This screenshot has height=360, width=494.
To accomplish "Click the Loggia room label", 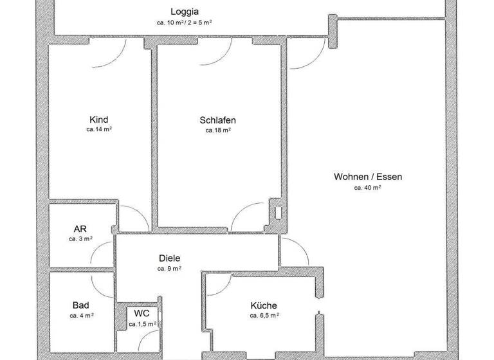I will [x=184, y=12].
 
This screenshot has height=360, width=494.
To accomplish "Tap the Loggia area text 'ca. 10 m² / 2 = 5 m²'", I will [x=184, y=22].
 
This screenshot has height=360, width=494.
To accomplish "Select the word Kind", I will [x=99, y=119].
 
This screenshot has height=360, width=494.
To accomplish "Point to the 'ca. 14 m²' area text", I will [x=99, y=129].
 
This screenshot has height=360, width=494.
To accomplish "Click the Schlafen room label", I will [x=217, y=120].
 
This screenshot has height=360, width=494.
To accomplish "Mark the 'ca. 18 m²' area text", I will [x=217, y=130].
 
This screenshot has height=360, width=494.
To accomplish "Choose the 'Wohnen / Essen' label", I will [x=368, y=177].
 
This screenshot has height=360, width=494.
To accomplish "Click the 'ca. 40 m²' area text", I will [x=368, y=188].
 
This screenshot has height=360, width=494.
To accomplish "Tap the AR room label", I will [x=80, y=228].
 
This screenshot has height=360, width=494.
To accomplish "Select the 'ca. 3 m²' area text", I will [x=80, y=239].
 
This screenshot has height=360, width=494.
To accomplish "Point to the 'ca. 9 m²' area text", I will [x=169, y=268].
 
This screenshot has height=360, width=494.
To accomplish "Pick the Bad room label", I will [x=81, y=305].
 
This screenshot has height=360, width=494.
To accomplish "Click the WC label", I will [x=142, y=313].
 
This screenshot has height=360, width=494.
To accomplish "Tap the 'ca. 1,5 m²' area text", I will [x=142, y=324].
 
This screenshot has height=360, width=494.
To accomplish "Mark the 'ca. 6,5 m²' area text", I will [x=264, y=316].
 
